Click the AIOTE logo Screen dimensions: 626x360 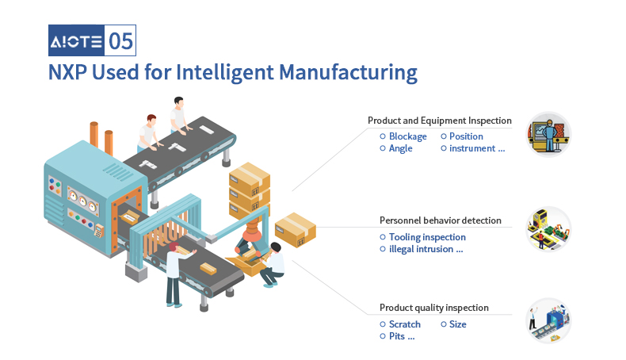coord(76,40)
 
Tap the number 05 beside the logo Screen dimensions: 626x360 coord(120,40)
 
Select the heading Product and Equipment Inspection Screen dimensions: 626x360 coord(440,121)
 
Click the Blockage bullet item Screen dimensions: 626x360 coord(403,136)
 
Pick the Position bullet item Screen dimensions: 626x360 coord(462,136)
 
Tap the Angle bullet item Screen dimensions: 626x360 coord(396,148)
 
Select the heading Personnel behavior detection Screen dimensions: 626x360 coord(441,220)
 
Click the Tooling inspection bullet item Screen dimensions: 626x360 coord(423,237)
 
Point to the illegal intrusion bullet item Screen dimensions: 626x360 coord(422,249)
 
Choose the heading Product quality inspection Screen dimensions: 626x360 coord(434,308)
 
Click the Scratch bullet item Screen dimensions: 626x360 coord(400,324)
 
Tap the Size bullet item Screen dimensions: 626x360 coord(453,324)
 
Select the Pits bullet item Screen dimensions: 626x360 coord(397,336)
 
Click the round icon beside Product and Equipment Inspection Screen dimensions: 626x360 coord(548,134)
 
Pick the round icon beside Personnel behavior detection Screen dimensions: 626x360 coord(548,229)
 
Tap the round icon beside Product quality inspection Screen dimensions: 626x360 coord(548,321)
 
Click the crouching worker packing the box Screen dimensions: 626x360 coord(273,265)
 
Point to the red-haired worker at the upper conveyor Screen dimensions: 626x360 coord(149,133)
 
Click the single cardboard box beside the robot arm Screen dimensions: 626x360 coord(296,230)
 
